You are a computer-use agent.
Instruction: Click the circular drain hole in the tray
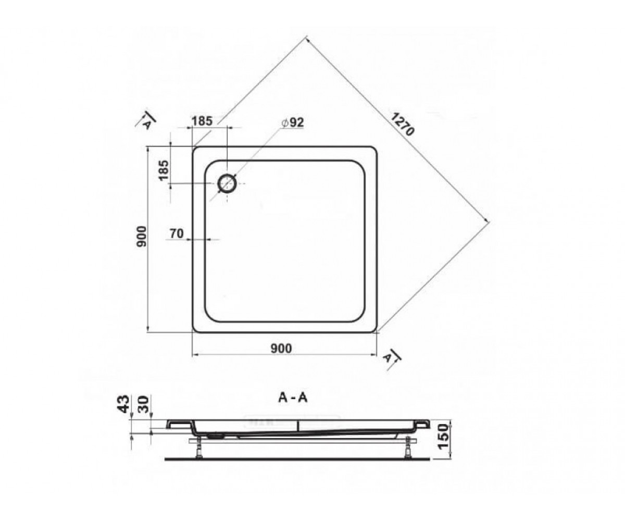coord(227,183)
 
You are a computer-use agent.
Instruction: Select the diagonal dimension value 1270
coord(403,124)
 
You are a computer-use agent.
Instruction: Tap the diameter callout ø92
coord(292,122)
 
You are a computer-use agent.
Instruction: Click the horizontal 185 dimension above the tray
coord(202,121)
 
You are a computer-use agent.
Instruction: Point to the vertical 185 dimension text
coord(164,170)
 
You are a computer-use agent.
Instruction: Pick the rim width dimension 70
coord(177,233)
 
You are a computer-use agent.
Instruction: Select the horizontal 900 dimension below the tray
coord(281,348)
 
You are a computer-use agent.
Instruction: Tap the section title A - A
coord(293,398)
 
